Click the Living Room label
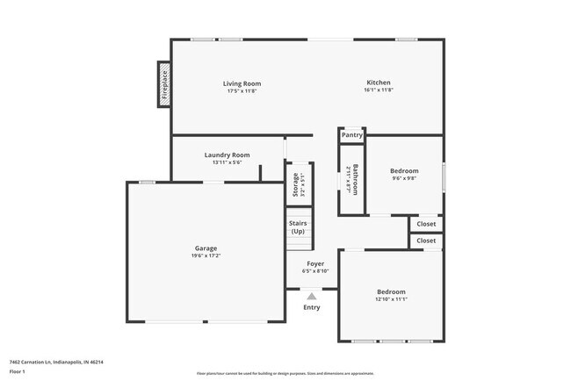tap(243, 83)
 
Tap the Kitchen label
tap(379, 83)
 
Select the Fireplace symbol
tap(164, 85)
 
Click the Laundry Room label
tap(227, 155)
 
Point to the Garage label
tap(206, 248)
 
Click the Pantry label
tap(352, 135)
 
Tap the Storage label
tap(295, 184)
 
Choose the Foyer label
tap(315, 263)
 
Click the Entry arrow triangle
tap(312, 296)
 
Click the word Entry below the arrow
tap(312, 307)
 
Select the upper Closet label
tap(426, 224)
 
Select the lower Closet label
tap(426, 241)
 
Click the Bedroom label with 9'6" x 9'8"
tap(404, 170)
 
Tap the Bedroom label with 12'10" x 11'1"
tap(392, 291)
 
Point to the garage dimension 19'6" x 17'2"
tap(206, 255)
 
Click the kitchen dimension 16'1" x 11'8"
tap(379, 90)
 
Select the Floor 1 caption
tap(18, 371)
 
